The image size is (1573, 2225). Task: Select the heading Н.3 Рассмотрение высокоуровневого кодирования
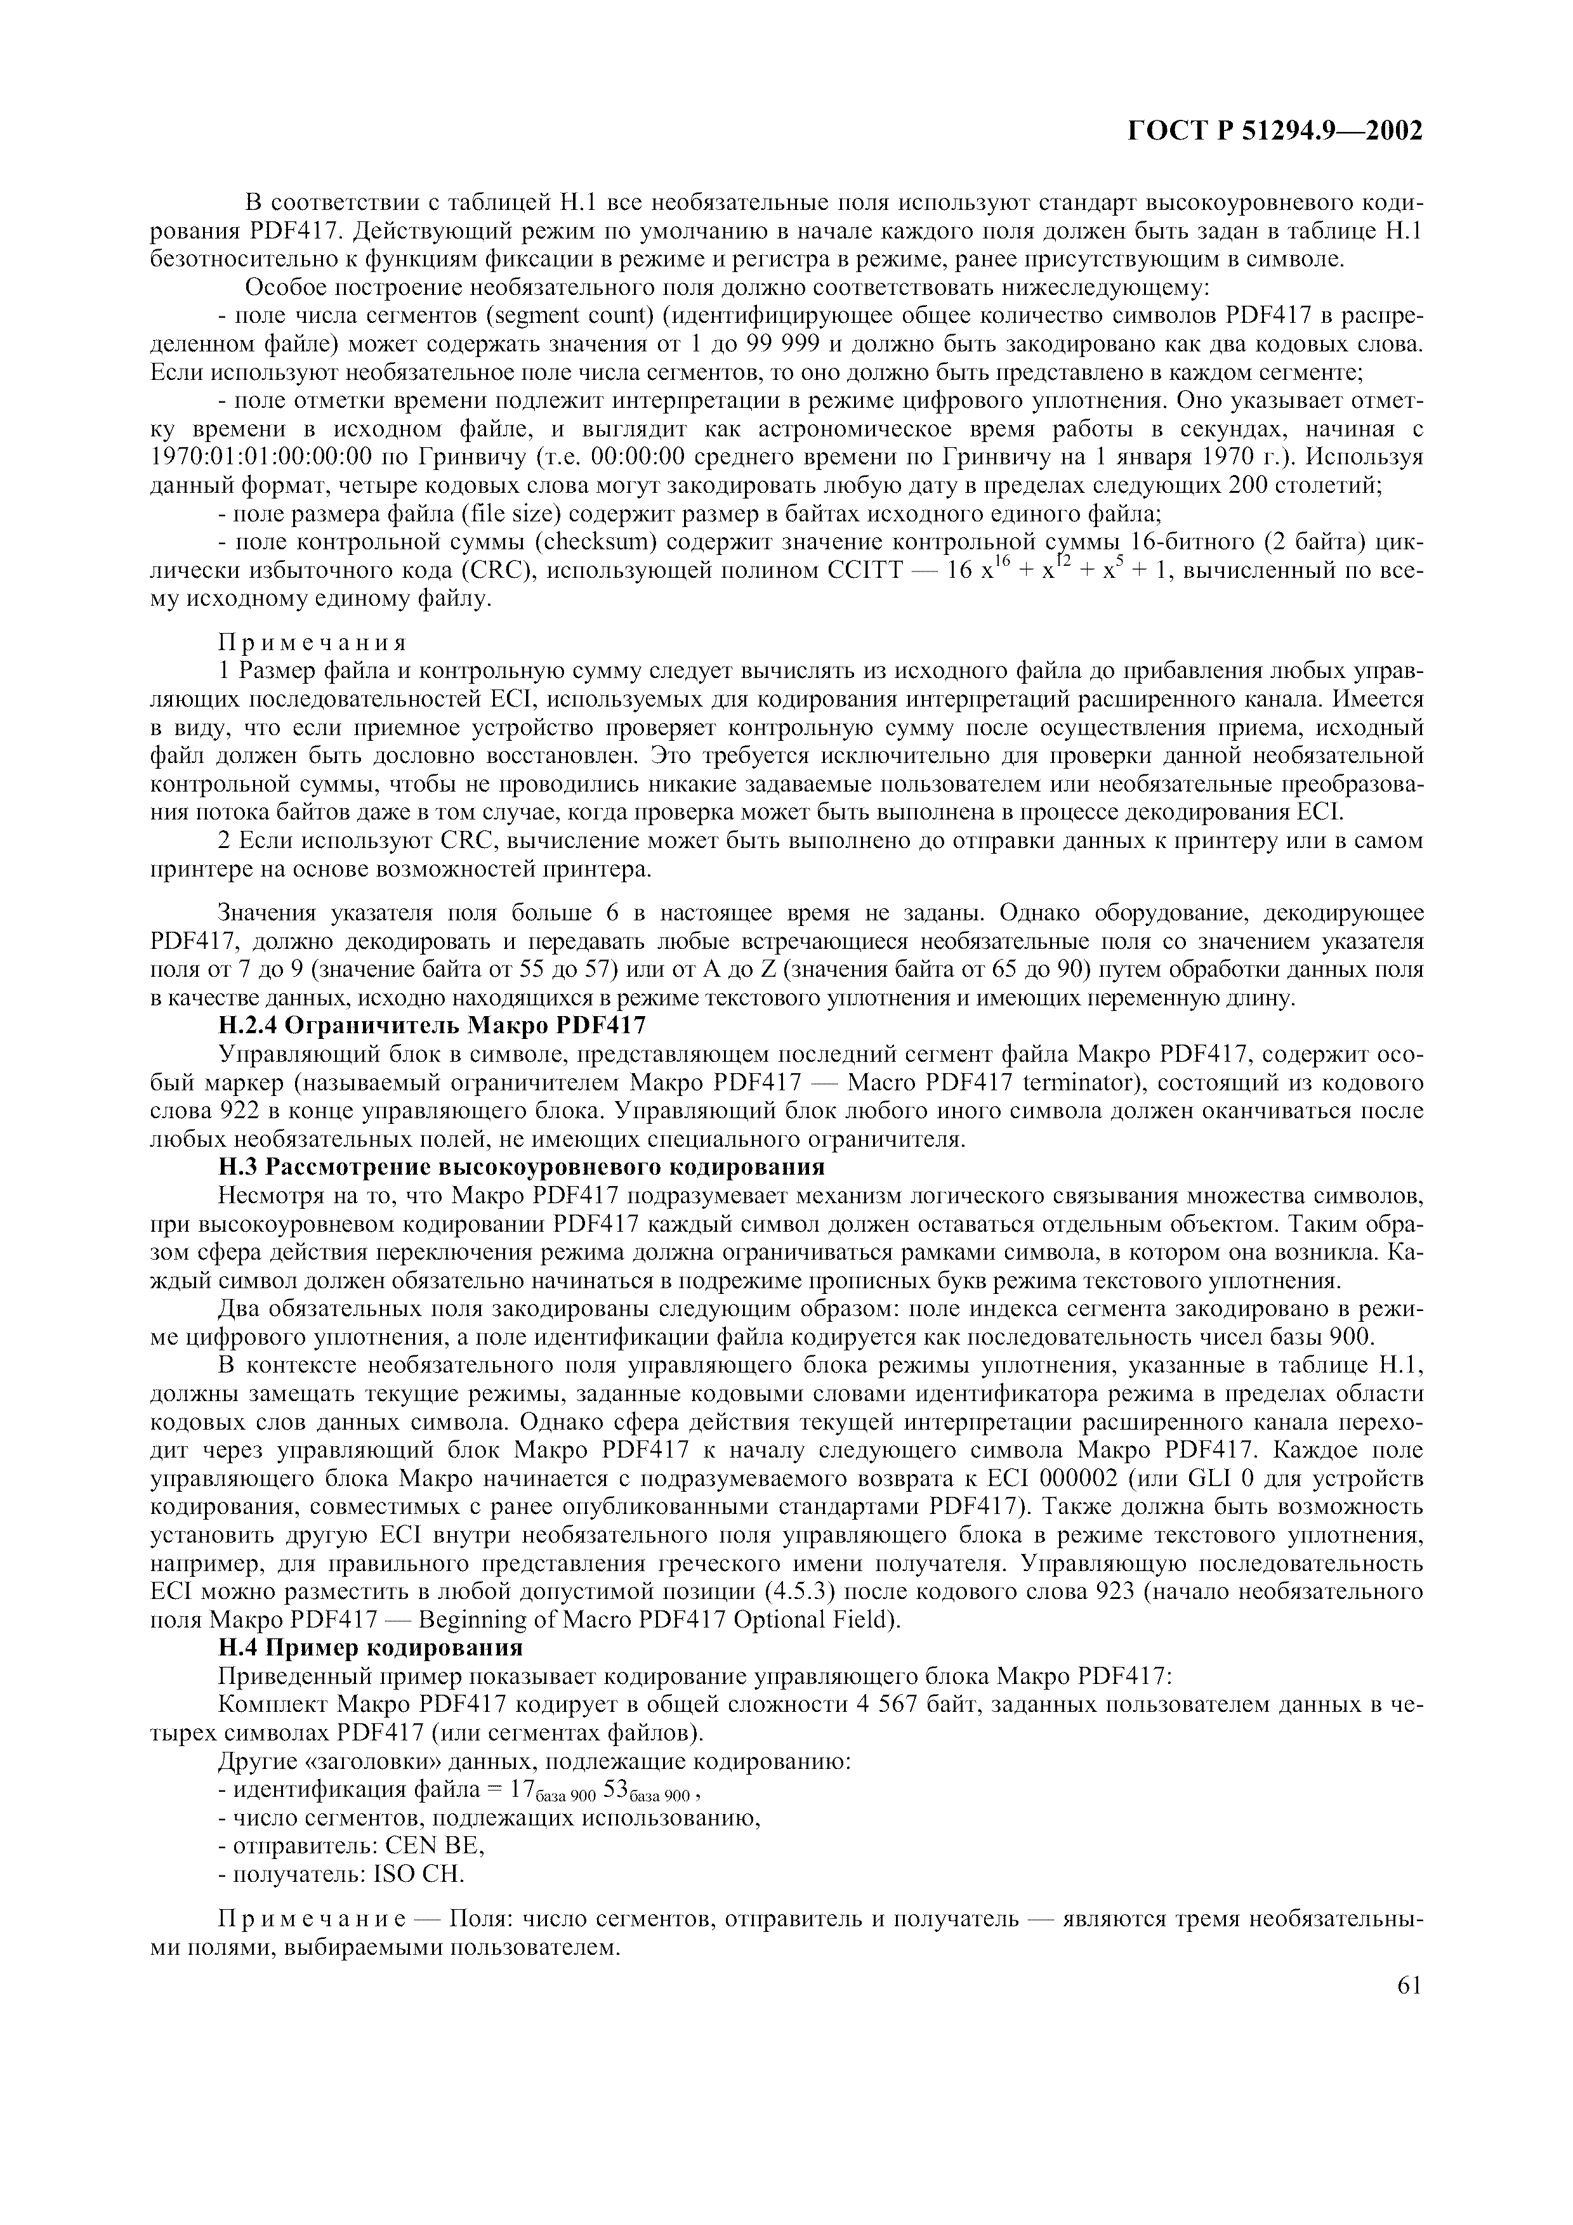tap(522, 1166)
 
